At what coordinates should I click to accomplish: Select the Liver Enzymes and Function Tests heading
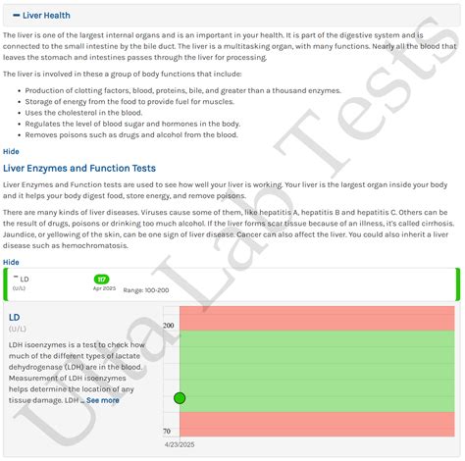click(79, 168)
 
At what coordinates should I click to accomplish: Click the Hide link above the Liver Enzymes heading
click(11, 151)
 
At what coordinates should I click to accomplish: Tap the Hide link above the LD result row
click(11, 262)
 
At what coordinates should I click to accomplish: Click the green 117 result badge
click(102, 279)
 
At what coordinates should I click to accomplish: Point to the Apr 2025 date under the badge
click(104, 288)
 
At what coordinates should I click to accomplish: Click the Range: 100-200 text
click(146, 290)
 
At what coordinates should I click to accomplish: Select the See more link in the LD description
click(102, 400)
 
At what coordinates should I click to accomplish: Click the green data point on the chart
click(180, 397)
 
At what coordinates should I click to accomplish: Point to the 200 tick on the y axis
click(168, 326)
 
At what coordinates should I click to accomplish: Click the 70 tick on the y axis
click(167, 432)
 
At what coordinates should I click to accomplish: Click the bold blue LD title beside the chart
click(15, 318)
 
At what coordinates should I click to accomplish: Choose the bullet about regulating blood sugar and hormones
click(131, 124)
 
